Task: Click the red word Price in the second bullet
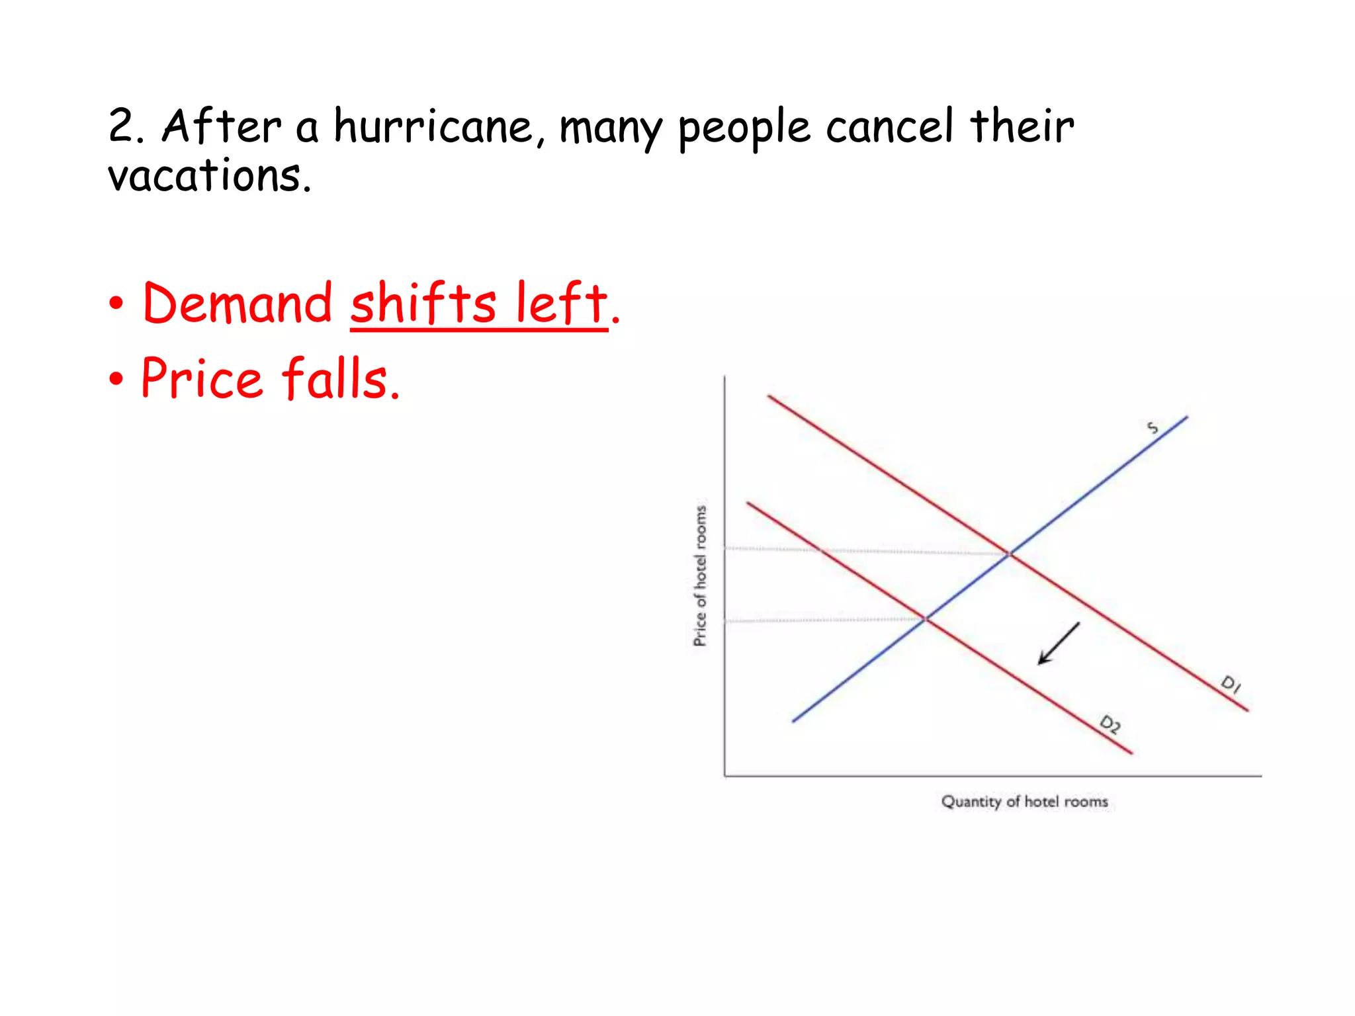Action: (x=202, y=378)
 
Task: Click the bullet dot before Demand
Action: (x=116, y=304)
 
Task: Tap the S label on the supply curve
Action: (x=1153, y=428)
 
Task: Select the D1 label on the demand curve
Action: (x=1231, y=683)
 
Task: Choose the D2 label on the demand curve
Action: (x=1110, y=724)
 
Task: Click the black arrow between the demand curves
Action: (x=1059, y=643)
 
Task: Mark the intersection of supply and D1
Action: (x=1010, y=554)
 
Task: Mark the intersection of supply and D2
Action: (x=926, y=618)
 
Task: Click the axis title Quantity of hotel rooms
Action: (x=1024, y=802)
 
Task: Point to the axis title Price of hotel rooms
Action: (x=700, y=575)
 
